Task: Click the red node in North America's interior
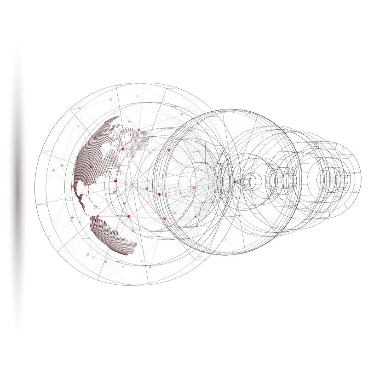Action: tap(91, 167)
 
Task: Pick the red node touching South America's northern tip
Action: tap(98, 216)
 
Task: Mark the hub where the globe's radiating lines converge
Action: tap(132, 185)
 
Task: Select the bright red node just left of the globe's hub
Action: tap(115, 181)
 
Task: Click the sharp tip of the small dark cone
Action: tap(233, 182)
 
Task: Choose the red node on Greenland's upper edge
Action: tap(138, 130)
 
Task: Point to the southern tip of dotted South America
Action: tap(130, 253)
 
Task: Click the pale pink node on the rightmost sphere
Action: tap(342, 148)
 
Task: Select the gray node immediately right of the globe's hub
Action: tap(146, 188)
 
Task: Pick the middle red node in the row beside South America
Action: tap(129, 216)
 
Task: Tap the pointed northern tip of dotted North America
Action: tap(117, 118)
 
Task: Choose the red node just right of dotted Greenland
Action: tap(169, 149)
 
